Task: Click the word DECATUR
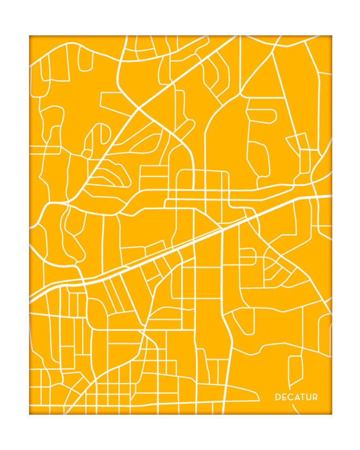click(296, 397)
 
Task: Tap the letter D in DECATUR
click(278, 397)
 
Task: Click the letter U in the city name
click(308, 397)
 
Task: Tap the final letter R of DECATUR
click(315, 397)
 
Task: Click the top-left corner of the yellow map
click(29, 36)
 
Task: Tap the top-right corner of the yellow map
click(332, 36)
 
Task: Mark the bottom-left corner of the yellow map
click(29, 414)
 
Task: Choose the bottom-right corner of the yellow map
click(332, 414)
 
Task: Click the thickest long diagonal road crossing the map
click(177, 249)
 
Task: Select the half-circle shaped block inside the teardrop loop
click(95, 139)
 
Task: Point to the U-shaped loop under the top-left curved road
click(85, 60)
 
